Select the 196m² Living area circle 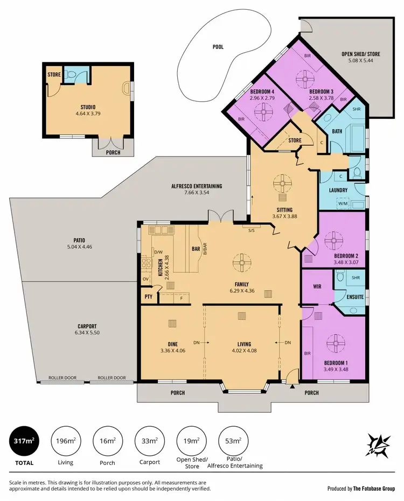click(66, 441)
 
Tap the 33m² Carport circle click(150, 441)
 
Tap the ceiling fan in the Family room click(241, 264)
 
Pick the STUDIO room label click(88, 107)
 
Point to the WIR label click(317, 287)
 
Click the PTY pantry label click(149, 297)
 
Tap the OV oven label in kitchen click(145, 279)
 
